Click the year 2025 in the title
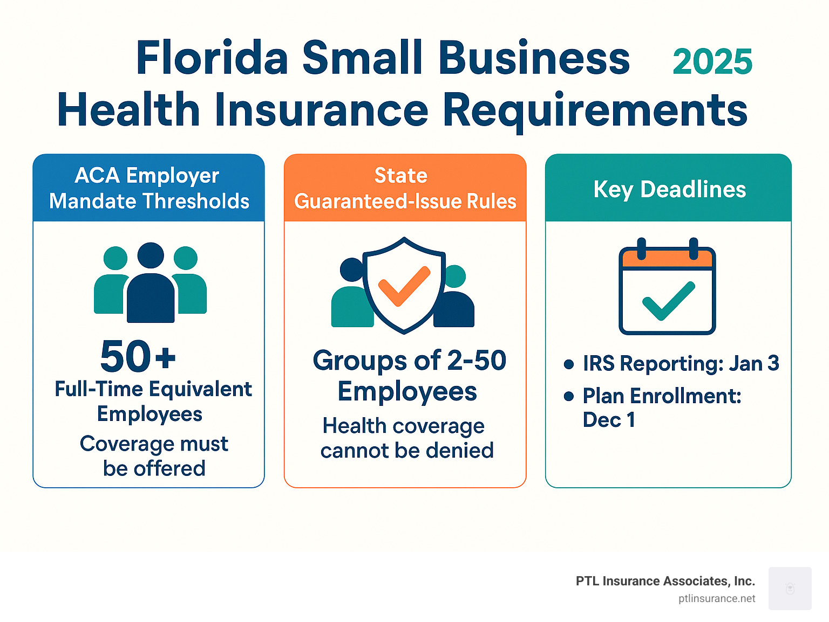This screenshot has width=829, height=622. tap(712, 62)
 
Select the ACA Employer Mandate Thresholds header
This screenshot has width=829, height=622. tap(149, 188)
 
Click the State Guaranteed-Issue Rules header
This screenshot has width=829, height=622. tap(405, 188)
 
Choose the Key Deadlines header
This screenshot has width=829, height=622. tap(669, 189)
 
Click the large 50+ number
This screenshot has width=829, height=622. tap(138, 356)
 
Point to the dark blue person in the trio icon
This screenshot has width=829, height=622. tap(151, 286)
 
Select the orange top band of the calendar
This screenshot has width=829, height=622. tap(667, 259)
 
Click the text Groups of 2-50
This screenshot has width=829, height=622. tap(409, 360)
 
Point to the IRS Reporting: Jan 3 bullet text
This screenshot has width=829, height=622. tap(681, 364)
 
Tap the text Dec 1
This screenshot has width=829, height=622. tap(609, 420)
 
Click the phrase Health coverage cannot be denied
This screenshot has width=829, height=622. tap(406, 438)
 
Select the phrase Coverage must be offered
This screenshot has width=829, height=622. tap(154, 456)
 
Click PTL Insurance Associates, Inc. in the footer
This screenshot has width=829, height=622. tap(665, 581)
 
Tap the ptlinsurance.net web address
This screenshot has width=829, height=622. tap(717, 599)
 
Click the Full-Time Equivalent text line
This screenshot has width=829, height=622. tap(153, 389)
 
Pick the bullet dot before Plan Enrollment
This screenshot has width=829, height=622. tap(568, 397)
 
